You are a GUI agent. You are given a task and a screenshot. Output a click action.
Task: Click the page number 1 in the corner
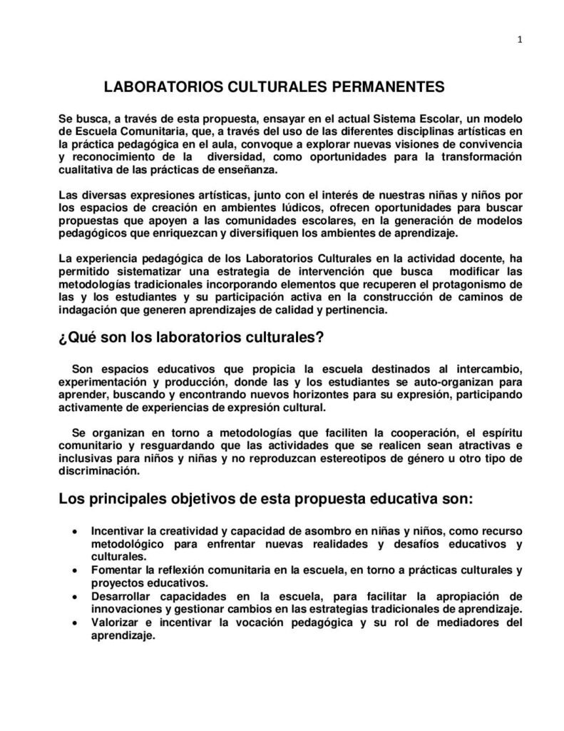coord(521,40)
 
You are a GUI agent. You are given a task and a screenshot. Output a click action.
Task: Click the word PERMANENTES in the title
coord(385,87)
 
